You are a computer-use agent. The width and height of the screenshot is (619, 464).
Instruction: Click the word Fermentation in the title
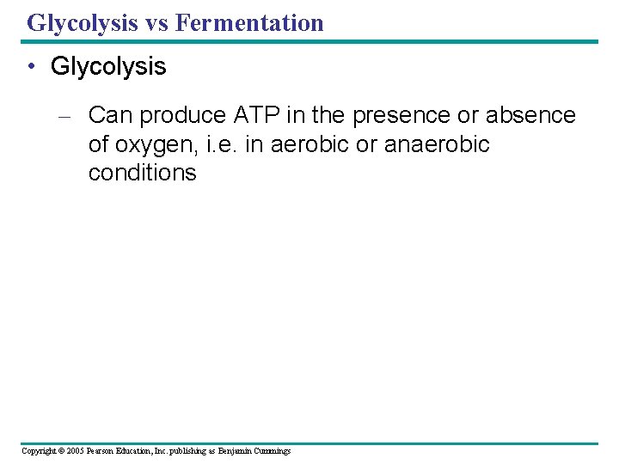(x=249, y=22)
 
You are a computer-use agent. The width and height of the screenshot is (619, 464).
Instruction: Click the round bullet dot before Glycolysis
(x=32, y=67)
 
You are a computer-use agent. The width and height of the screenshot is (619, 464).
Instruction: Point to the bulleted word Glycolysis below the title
(x=108, y=67)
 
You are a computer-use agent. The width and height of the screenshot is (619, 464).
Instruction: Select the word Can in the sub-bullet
(x=108, y=115)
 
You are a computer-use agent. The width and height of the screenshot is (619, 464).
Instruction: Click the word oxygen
(x=154, y=144)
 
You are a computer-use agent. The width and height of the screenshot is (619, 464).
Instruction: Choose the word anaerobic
(x=437, y=144)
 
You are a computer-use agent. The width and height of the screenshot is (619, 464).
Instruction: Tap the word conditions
(x=142, y=173)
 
